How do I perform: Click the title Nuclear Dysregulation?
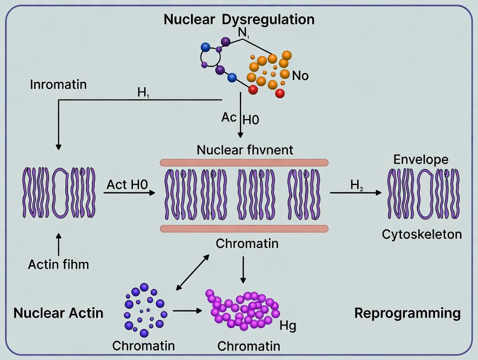pyautogui.click(x=239, y=19)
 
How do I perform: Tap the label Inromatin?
pyautogui.click(x=58, y=84)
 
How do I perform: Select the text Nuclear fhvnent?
pyautogui.click(x=245, y=150)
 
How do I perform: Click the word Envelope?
pyautogui.click(x=421, y=159)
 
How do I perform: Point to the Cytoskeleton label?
pyautogui.click(x=422, y=234)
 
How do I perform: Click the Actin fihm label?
pyautogui.click(x=58, y=264)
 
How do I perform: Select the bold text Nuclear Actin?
pyautogui.click(x=58, y=313)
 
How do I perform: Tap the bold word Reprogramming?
pyautogui.click(x=407, y=313)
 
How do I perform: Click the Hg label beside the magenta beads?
pyautogui.click(x=287, y=325)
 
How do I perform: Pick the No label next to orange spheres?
pyautogui.click(x=300, y=76)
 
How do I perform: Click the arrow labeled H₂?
pyautogui.click(x=355, y=193)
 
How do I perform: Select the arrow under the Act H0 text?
pyautogui.click(x=129, y=193)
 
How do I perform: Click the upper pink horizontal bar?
pyautogui.click(x=244, y=162)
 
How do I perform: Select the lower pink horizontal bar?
pyautogui.click(x=244, y=228)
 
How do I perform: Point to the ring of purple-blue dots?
pyautogui.click(x=144, y=309)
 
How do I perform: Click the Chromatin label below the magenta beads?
pyautogui.click(x=249, y=346)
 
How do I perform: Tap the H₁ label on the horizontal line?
pyautogui.click(x=142, y=93)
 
